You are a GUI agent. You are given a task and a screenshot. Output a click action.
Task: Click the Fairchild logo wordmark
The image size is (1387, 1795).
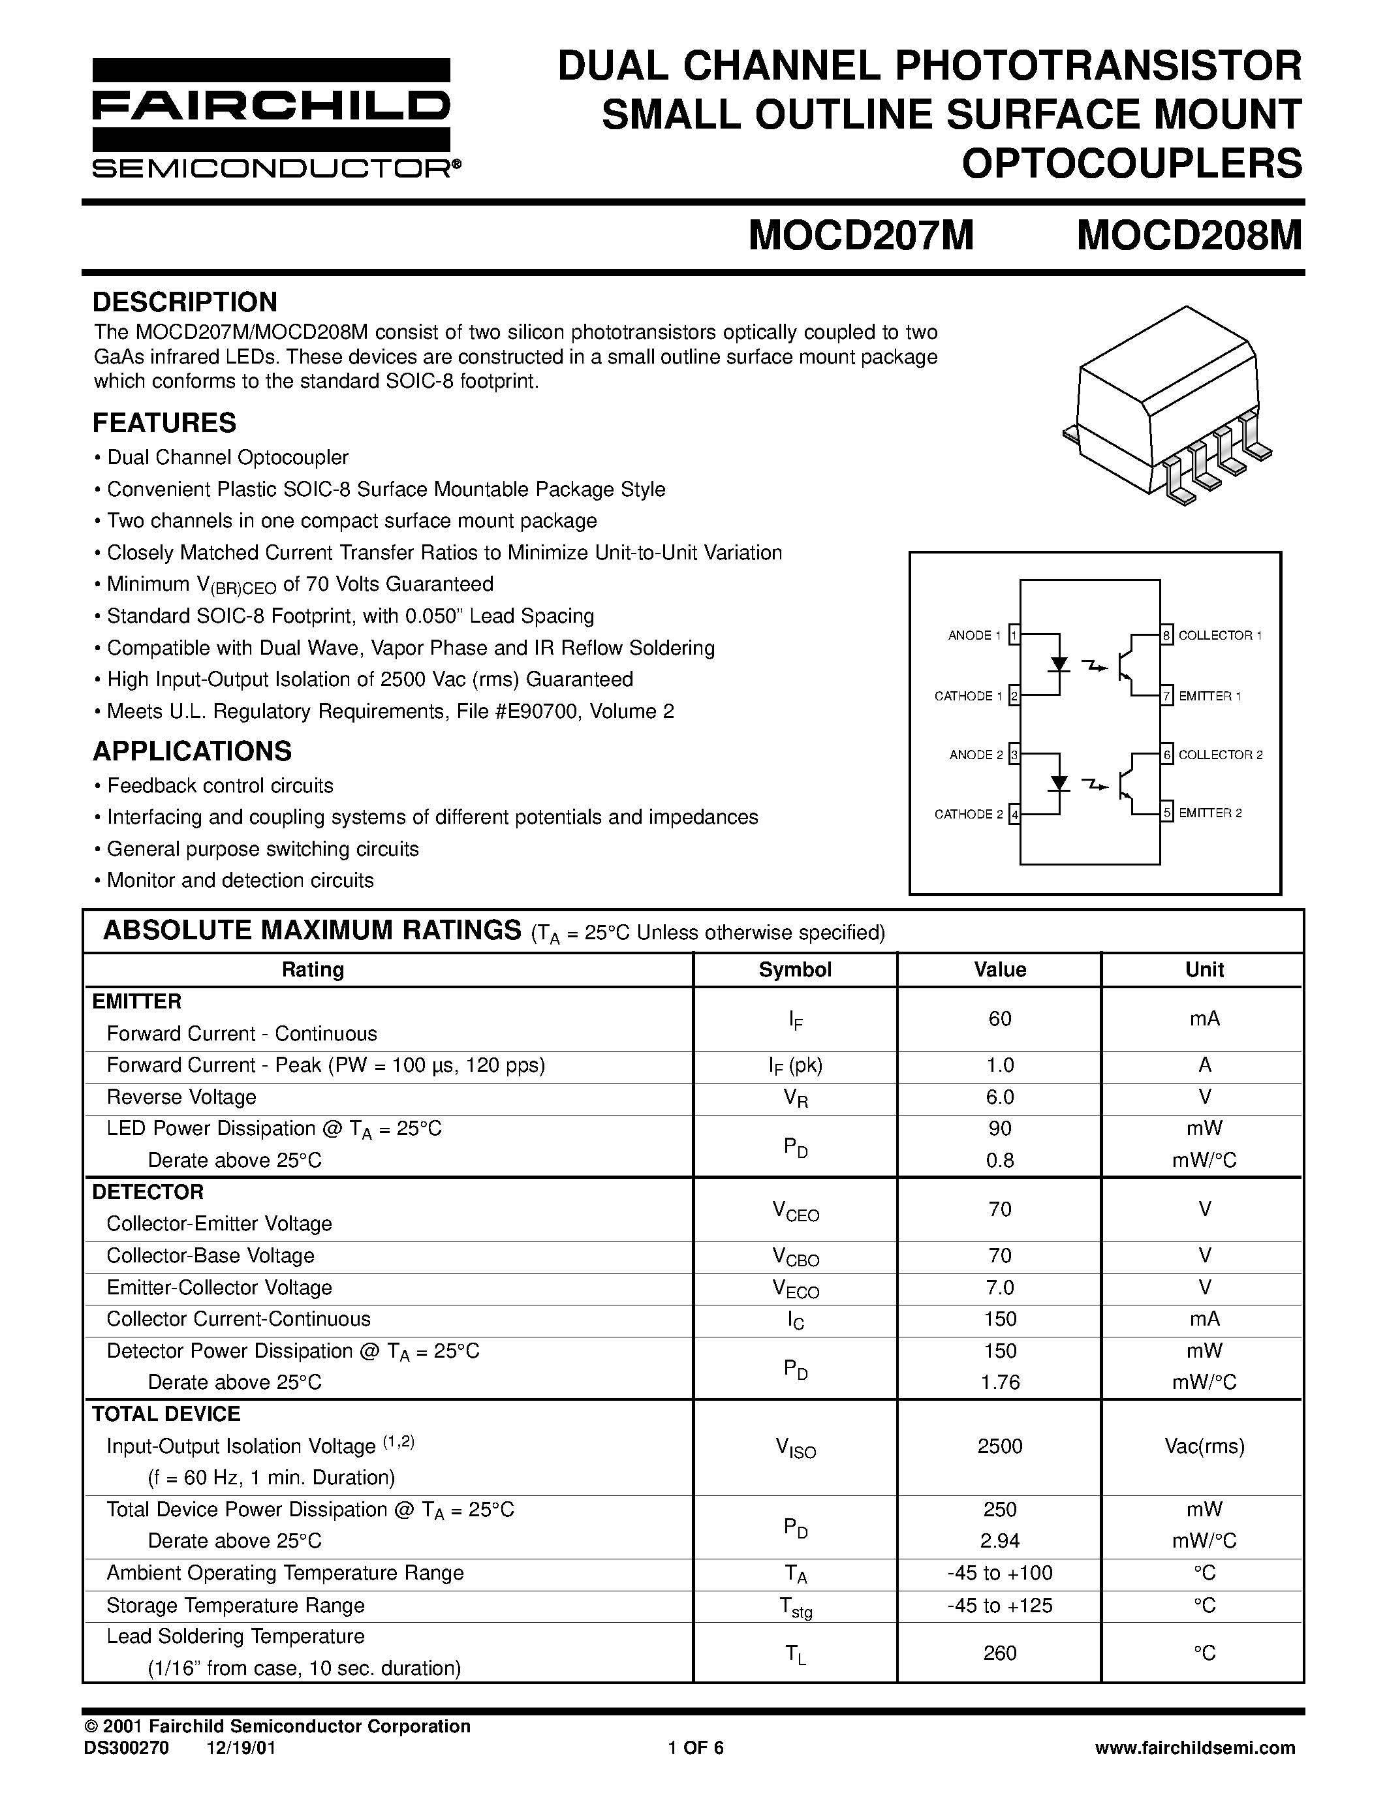coord(271,105)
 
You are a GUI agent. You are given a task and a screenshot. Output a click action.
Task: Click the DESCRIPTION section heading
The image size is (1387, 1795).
coord(185,302)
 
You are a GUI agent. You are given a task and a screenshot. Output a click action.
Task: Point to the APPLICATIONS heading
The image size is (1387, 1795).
coord(193,751)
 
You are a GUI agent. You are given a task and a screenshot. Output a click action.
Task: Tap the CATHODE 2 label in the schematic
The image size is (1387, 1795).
coord(968,815)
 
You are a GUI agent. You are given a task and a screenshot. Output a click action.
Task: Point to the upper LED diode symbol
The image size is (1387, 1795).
coord(1060,664)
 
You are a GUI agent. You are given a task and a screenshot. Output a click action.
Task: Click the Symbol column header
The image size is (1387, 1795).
coord(794,970)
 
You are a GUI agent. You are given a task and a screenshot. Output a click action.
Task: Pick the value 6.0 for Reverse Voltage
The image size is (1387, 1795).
coord(999,1097)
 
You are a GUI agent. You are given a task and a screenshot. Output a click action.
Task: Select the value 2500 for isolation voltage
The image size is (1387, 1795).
coord(999,1446)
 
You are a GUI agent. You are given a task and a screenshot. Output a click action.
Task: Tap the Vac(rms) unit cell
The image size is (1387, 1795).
coord(1204,1446)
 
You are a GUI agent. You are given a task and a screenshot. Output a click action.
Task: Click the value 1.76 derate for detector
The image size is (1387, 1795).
coord(999,1382)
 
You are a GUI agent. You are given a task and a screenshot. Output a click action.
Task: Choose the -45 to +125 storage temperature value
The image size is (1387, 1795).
coord(999,1605)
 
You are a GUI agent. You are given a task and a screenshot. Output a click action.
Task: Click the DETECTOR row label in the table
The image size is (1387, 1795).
coord(148,1192)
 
